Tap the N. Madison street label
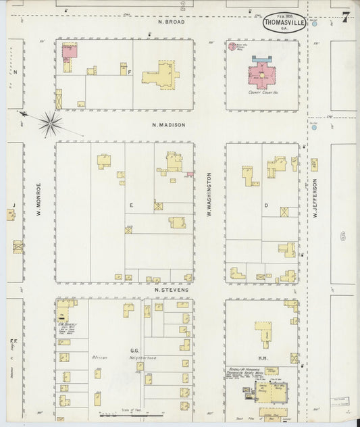168,125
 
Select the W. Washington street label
209,195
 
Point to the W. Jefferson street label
315,198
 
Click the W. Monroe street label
39,200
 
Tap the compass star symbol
50,123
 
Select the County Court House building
260,74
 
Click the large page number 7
345,17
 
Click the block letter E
131,203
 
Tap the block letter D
265,205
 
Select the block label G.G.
134,351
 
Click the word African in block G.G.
100,357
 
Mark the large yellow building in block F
161,74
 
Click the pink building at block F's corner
69,51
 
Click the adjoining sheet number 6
342,236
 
